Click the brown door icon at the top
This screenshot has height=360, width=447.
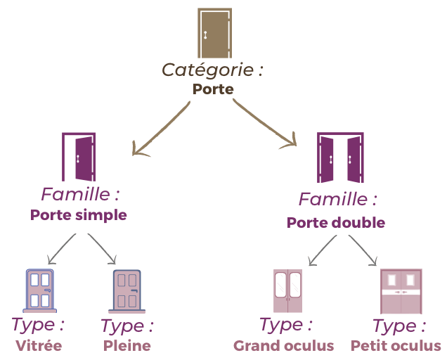point(214,34)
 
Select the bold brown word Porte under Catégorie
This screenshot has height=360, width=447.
point(212,89)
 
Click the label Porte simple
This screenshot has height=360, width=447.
point(79,215)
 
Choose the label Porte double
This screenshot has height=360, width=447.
point(336,223)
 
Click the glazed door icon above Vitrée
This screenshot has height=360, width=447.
point(39,290)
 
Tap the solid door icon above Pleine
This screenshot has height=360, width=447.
point(127,290)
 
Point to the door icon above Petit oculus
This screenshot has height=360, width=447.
point(401,290)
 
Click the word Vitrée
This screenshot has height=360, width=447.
point(39,346)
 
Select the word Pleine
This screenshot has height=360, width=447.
point(127,346)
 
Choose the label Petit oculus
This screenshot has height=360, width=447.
point(396,346)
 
